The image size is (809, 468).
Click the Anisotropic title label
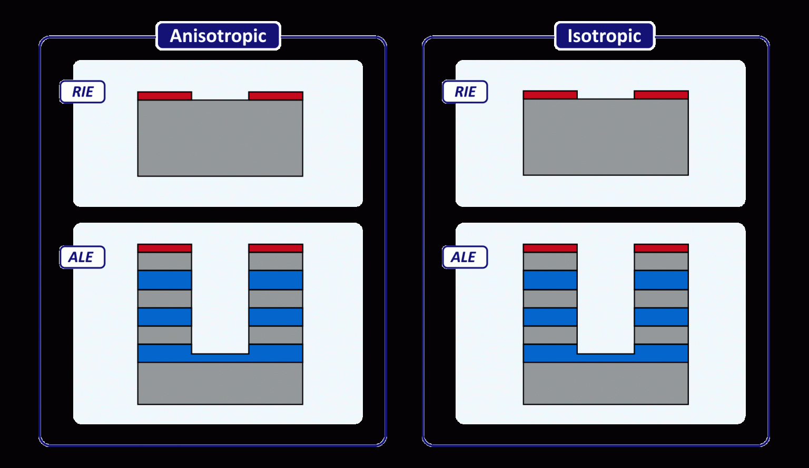[218, 36]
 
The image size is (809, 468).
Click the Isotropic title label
[604, 36]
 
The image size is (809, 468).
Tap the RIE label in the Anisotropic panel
[83, 92]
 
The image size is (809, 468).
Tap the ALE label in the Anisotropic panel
[82, 257]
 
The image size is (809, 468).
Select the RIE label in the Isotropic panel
[465, 92]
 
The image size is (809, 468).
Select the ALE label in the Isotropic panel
[464, 257]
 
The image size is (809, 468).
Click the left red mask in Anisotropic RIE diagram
[164, 96]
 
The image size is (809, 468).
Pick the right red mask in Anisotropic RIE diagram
[275, 96]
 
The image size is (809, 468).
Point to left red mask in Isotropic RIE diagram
[550, 95]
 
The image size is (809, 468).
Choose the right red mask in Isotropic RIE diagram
[661, 95]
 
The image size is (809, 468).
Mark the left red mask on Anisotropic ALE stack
[164, 248]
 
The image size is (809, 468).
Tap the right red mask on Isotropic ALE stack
[661, 248]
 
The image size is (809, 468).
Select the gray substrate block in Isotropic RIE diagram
[606, 138]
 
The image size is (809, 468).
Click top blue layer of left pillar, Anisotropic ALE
[164, 280]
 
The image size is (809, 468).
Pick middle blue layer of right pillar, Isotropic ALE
[661, 317]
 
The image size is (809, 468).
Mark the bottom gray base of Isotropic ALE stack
[606, 383]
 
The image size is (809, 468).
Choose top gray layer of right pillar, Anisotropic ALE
[275, 261]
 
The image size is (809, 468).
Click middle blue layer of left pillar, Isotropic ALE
[550, 317]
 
